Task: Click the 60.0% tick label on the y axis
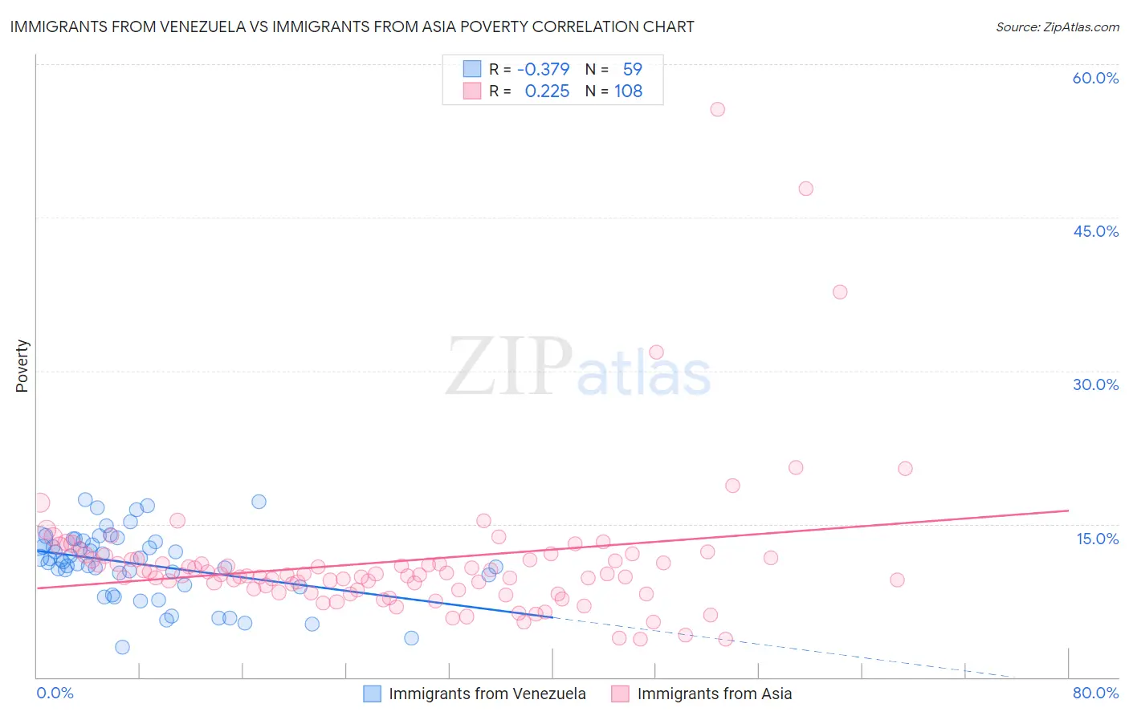pyautogui.click(x=1095, y=78)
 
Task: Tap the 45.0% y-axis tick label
pyautogui.click(x=1095, y=231)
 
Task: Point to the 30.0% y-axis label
pyautogui.click(x=1095, y=384)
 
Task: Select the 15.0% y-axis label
pyautogui.click(x=1097, y=539)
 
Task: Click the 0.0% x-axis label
pyautogui.click(x=55, y=693)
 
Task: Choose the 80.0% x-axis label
pyautogui.click(x=1095, y=693)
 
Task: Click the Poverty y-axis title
pyautogui.click(x=22, y=366)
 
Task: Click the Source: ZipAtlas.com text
pyautogui.click(x=1057, y=26)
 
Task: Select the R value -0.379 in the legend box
pyautogui.click(x=543, y=69)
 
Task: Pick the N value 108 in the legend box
pyautogui.click(x=628, y=92)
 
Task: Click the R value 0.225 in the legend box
pyautogui.click(x=547, y=92)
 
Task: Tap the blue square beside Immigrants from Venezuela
pyautogui.click(x=372, y=694)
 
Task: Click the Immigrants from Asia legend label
pyautogui.click(x=714, y=694)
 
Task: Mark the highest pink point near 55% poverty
pyautogui.click(x=717, y=109)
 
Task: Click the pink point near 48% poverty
pyautogui.click(x=805, y=189)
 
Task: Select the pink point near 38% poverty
pyautogui.click(x=840, y=292)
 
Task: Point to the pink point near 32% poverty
pyautogui.click(x=656, y=352)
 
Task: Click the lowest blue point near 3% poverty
pyautogui.click(x=122, y=647)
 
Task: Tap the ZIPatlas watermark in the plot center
pyautogui.click(x=578, y=367)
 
